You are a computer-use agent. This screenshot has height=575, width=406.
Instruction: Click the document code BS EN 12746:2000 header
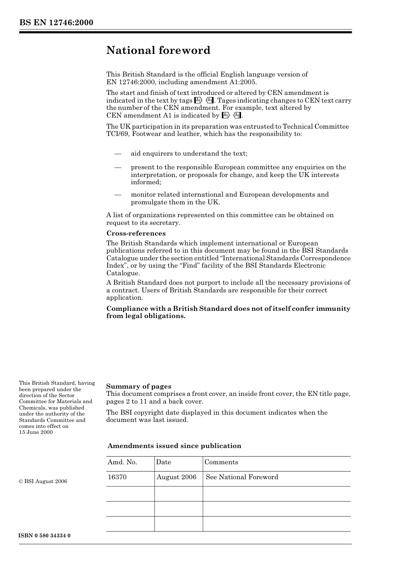pos(56,23)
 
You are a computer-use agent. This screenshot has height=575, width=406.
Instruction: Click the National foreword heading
pos(158,50)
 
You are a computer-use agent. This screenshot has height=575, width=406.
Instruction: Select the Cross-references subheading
pos(136,233)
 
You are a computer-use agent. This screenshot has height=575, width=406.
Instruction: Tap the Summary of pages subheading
pos(138,386)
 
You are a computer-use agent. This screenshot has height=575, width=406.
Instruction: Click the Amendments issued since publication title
pos(174,446)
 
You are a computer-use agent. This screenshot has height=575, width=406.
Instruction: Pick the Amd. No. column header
pos(122,462)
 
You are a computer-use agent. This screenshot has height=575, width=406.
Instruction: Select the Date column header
pos(164,462)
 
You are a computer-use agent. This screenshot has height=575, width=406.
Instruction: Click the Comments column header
pos(221,462)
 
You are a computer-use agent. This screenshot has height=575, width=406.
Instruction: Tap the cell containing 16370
pos(117,477)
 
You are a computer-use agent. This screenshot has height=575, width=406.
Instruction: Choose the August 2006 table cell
pos(177,477)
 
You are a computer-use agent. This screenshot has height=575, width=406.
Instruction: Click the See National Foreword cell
pos(242,477)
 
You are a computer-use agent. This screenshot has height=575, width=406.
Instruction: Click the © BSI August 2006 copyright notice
pos(43,481)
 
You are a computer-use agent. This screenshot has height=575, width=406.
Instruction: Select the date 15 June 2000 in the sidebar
pos(36,432)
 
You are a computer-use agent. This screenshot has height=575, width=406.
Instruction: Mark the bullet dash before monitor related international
pos(118,195)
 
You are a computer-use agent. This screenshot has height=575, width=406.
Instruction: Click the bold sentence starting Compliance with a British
pos(228,313)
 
